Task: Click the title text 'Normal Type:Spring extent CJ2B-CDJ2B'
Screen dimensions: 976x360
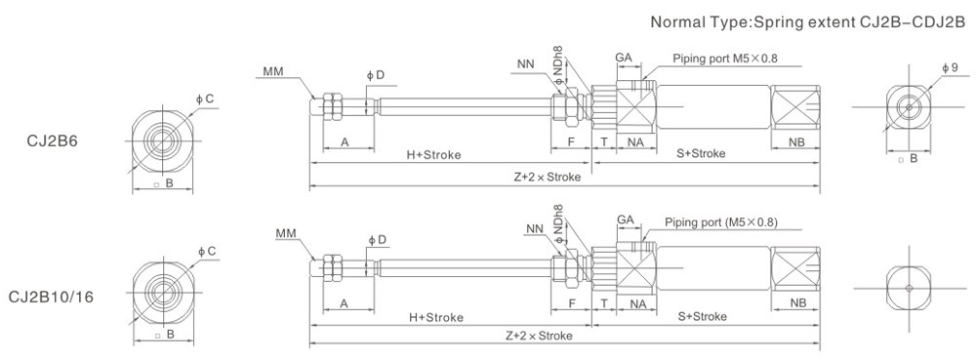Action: coord(808,22)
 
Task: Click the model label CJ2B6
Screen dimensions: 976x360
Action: coord(52,141)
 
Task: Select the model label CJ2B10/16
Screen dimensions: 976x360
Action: coord(52,298)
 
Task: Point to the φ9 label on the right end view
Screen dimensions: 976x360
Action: coord(950,67)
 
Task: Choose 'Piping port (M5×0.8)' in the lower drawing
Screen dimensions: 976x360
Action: coord(721,222)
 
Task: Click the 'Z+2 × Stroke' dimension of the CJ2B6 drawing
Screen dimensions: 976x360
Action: coord(548,177)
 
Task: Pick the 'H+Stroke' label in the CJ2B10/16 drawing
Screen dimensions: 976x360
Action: coord(435,318)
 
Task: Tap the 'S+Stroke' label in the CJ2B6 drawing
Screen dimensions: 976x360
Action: coord(701,153)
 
